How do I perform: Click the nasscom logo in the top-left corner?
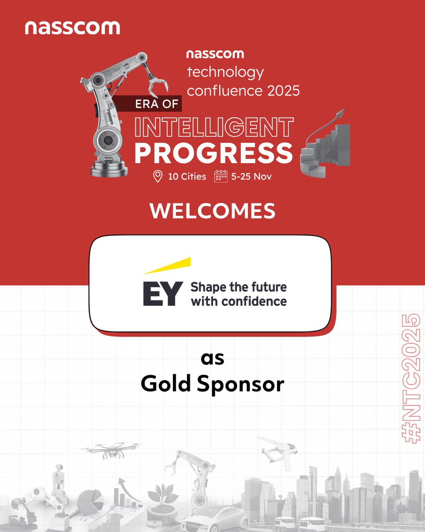(x=72, y=27)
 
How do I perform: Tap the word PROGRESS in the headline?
(x=213, y=152)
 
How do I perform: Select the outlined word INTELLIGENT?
(x=213, y=127)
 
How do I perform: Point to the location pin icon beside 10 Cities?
(x=157, y=176)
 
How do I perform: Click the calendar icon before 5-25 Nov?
(x=220, y=176)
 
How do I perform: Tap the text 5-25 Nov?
(x=251, y=176)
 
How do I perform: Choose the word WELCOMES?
(x=212, y=211)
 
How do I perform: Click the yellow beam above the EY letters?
(x=167, y=266)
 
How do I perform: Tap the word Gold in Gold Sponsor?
(x=166, y=384)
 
